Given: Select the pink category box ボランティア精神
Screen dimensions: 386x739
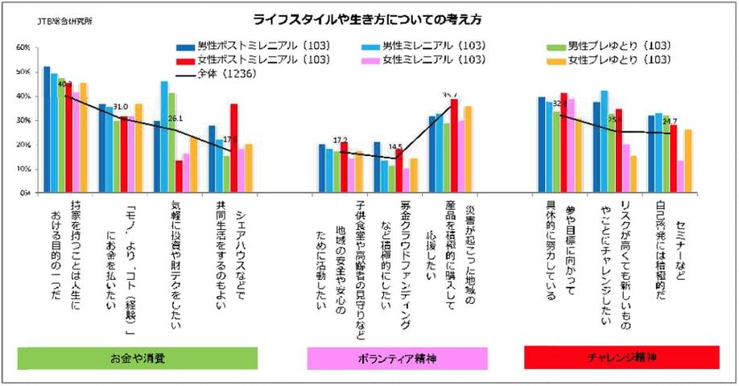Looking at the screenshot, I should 397,358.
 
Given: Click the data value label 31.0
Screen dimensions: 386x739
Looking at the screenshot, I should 121,106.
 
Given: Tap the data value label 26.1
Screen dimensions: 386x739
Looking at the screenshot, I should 176,118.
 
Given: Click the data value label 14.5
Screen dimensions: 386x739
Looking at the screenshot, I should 394,147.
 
